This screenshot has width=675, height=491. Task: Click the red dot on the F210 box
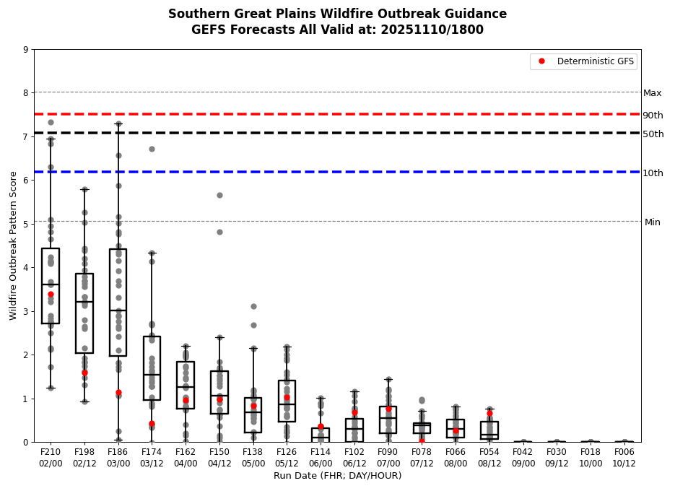[x=51, y=294]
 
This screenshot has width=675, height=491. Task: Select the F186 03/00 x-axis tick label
[x=118, y=458]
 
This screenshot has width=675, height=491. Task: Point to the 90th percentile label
[x=653, y=116]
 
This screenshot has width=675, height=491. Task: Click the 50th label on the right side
[x=653, y=134]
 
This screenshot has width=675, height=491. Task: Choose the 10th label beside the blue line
[x=653, y=173]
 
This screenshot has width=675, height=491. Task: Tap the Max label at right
[x=652, y=93]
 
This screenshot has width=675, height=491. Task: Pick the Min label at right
[x=652, y=222]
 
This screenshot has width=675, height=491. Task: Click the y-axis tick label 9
[x=26, y=50]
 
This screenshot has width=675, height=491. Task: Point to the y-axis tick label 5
[x=26, y=224]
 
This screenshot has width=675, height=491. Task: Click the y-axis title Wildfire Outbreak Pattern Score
[x=14, y=245]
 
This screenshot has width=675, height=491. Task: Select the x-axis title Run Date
[x=337, y=476]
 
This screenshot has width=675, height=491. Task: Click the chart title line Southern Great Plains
[x=337, y=14]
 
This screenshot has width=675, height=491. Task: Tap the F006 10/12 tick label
[x=624, y=458]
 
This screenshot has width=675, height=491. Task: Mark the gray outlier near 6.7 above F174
[x=152, y=149]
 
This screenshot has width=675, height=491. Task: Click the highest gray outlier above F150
[x=219, y=195]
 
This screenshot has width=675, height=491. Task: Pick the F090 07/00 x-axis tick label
[x=388, y=458]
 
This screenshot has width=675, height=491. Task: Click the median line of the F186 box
[x=118, y=310]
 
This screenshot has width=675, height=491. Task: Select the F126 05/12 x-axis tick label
[x=287, y=458]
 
